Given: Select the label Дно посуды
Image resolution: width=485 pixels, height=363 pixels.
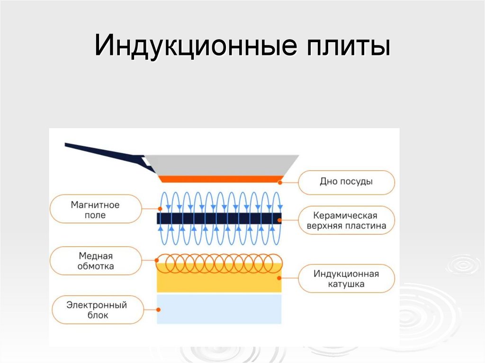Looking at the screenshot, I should (x=346, y=182).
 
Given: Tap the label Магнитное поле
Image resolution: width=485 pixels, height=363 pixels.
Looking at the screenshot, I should (x=95, y=210).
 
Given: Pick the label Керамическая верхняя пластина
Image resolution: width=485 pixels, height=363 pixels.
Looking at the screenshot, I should (x=346, y=220).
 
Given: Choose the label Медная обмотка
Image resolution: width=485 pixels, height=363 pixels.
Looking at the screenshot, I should (x=96, y=261).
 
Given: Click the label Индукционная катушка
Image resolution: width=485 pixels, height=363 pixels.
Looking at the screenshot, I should (x=346, y=279).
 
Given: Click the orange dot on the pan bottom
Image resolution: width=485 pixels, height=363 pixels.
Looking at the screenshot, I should (x=280, y=182).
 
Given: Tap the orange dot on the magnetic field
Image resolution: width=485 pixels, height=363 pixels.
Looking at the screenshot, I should (x=161, y=209).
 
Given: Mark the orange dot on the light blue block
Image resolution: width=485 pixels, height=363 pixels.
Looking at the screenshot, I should (x=158, y=310).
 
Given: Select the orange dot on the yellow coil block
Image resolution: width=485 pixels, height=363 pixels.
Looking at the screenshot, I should (x=280, y=278).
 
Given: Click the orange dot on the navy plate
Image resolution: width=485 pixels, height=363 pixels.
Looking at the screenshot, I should (x=280, y=220).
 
